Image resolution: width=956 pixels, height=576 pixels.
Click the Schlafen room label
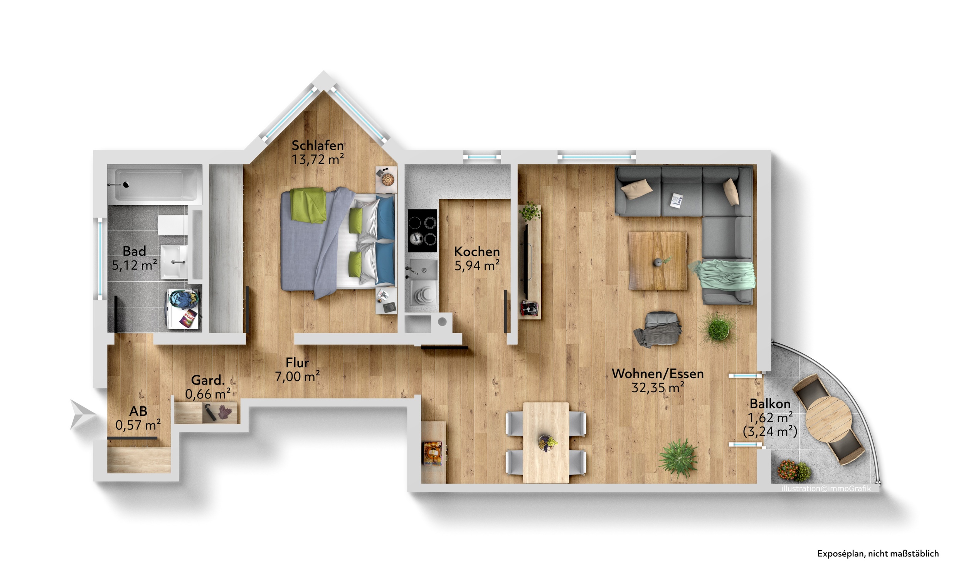pyautogui.click(x=317, y=146)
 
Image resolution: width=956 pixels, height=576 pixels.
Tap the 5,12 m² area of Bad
pyautogui.click(x=134, y=265)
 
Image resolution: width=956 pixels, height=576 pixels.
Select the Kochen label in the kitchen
pyautogui.click(x=477, y=251)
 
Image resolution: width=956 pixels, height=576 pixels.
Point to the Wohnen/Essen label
pyautogui.click(x=658, y=373)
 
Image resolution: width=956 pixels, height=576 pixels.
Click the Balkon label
pyautogui.click(x=770, y=404)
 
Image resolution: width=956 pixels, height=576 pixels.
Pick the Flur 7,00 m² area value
pyautogui.click(x=297, y=376)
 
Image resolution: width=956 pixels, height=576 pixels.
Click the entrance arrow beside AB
pyautogui.click(x=82, y=414)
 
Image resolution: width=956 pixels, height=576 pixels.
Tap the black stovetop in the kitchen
pyautogui.click(x=422, y=231)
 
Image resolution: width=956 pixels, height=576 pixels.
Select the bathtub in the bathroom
pyautogui.click(x=155, y=185)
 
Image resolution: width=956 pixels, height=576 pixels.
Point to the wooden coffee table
pyautogui.click(x=657, y=261)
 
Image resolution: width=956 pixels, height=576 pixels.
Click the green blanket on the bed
pyautogui.click(x=309, y=205)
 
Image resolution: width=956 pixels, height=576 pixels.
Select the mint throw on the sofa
pyautogui.click(x=724, y=275)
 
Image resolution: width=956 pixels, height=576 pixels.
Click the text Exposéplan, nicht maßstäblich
pyautogui.click(x=878, y=554)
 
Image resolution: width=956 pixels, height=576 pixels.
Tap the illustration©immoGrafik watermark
pyautogui.click(x=826, y=488)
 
